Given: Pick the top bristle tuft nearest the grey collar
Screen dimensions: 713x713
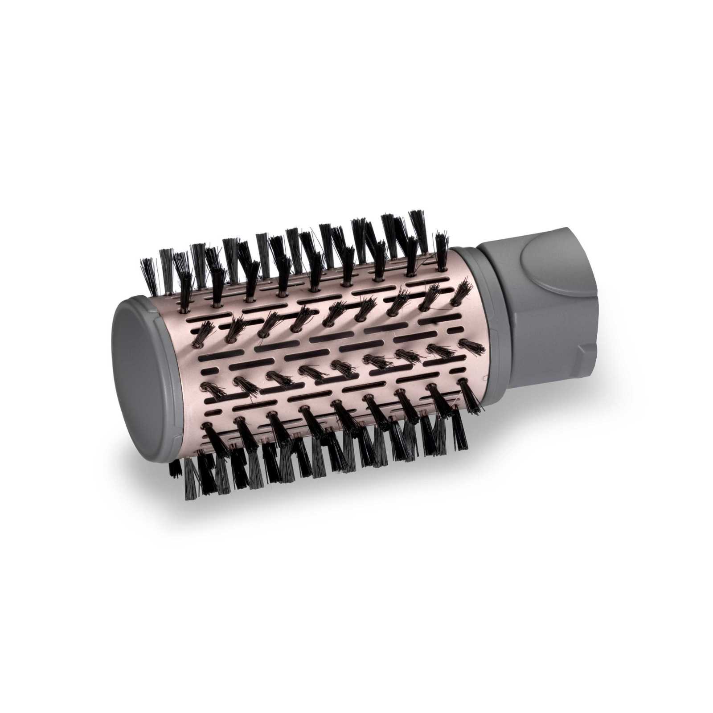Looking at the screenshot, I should tap(441, 250).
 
